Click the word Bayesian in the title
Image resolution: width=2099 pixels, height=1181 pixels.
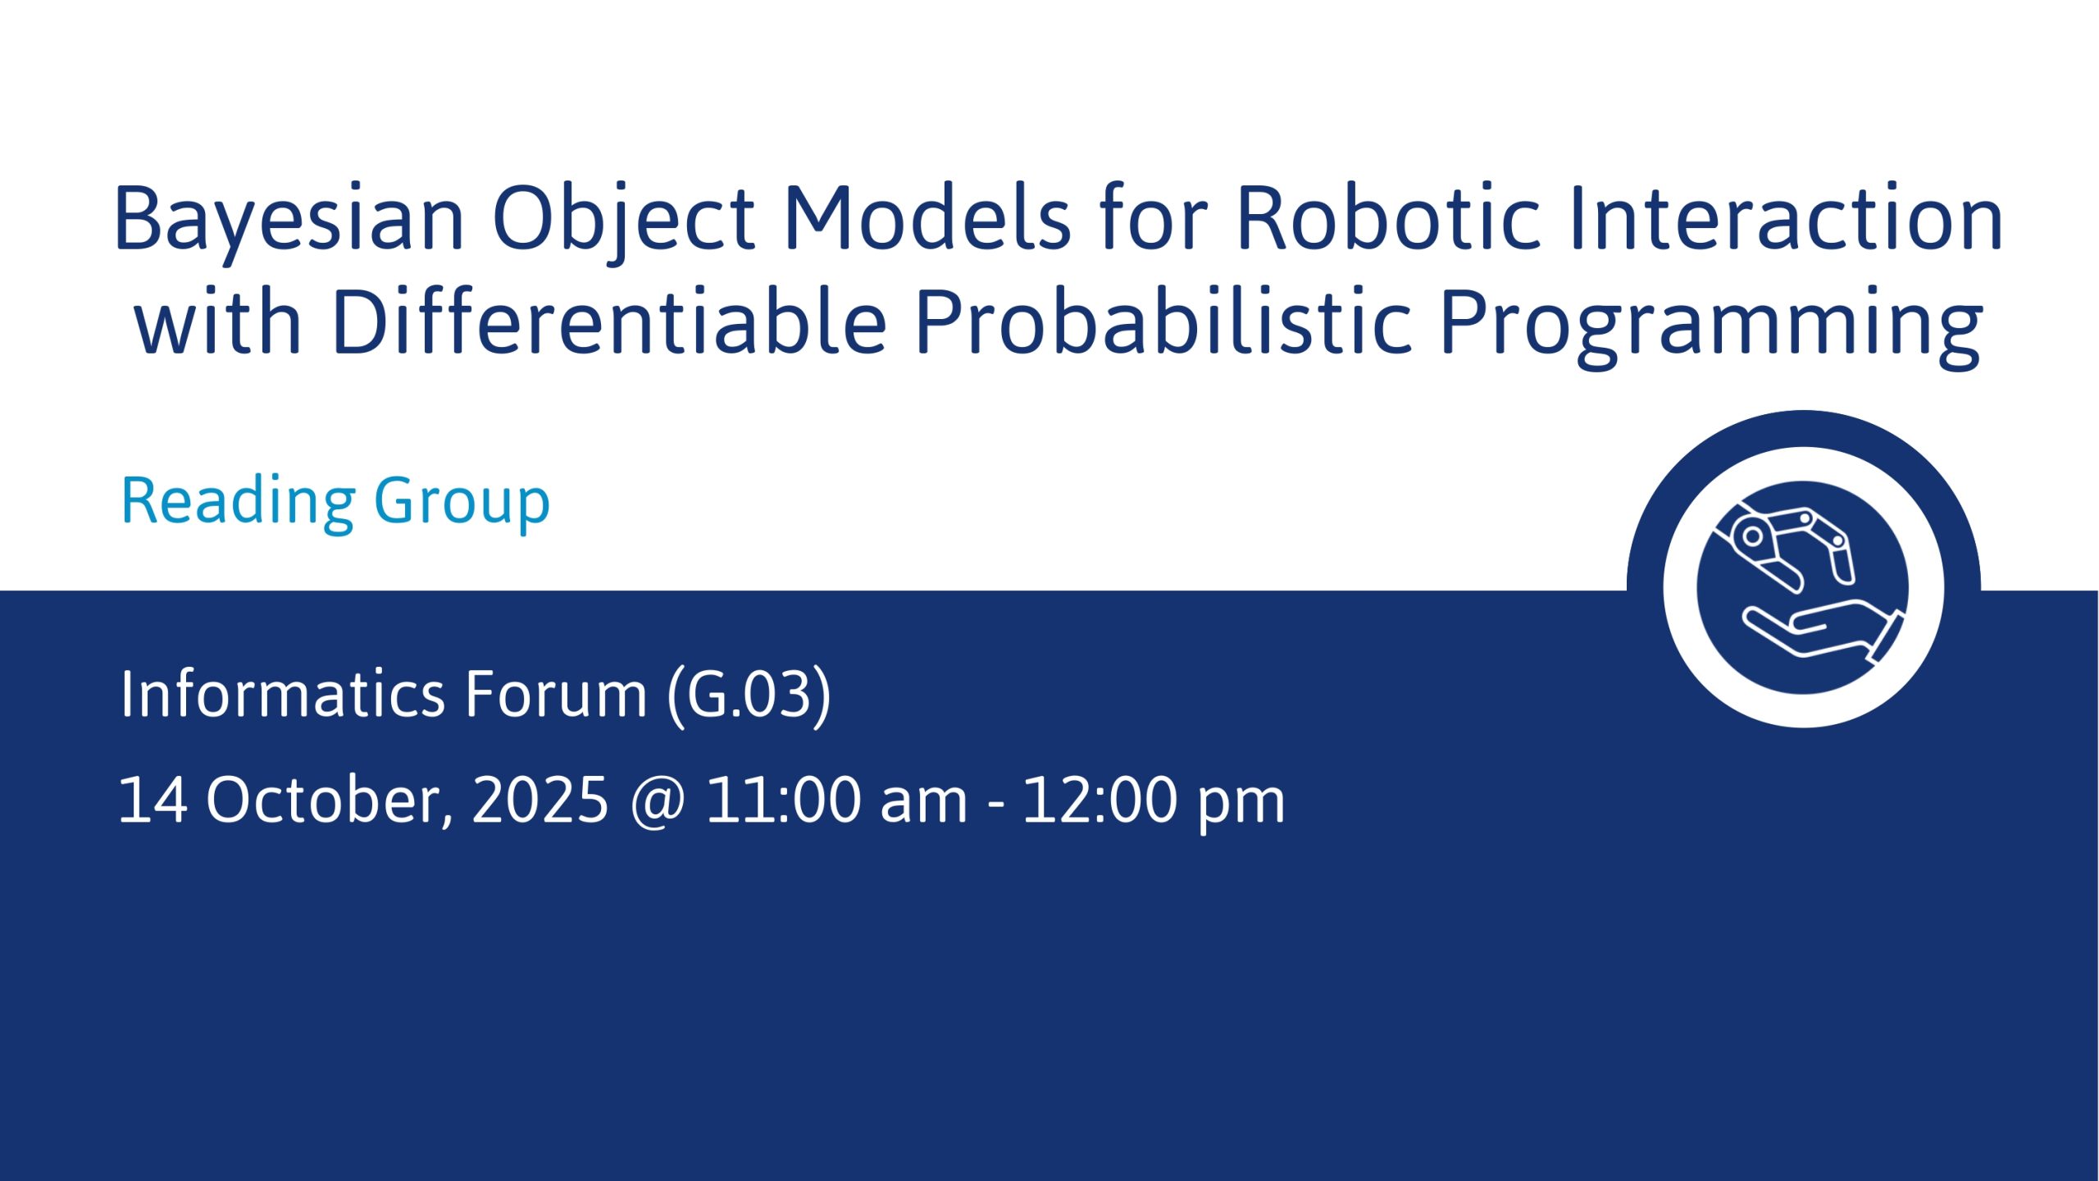(x=289, y=219)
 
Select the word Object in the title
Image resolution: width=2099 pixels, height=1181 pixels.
(x=623, y=219)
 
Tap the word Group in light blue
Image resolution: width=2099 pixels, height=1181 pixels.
(x=462, y=502)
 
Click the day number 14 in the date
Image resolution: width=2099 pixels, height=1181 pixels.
(x=153, y=799)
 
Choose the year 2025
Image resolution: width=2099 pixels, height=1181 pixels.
(x=540, y=799)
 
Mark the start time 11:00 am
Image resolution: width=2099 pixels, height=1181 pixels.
(x=836, y=799)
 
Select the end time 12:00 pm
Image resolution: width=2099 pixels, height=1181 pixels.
(x=1154, y=802)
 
